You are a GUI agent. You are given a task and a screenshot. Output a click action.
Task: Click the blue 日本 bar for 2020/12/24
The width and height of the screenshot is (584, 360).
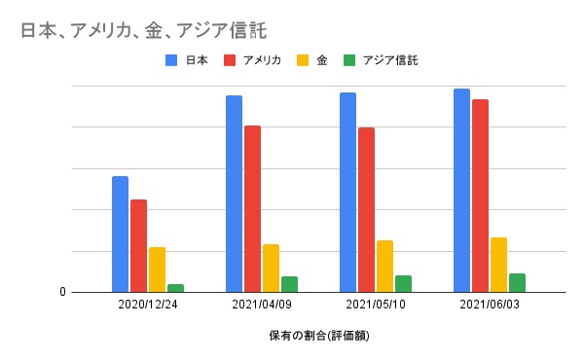point(120,234)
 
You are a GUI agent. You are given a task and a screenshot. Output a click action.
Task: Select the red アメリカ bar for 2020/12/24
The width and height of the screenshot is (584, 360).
point(138,245)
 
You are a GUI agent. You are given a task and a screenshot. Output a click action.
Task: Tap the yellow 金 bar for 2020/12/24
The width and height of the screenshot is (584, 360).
point(157,270)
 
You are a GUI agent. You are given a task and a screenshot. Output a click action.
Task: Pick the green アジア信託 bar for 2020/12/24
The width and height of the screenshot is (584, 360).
point(175,288)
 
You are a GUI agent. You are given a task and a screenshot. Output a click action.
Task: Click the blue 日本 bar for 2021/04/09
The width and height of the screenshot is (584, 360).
point(234,194)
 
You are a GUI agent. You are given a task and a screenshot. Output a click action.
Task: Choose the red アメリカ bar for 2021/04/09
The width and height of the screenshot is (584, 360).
point(252,208)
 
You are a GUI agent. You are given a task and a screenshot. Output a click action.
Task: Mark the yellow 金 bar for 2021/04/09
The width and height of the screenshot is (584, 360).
point(271,268)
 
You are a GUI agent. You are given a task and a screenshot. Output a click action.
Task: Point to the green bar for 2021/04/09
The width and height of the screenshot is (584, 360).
point(289,284)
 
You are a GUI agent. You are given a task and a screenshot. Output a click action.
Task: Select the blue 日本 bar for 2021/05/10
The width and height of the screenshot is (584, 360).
point(347,192)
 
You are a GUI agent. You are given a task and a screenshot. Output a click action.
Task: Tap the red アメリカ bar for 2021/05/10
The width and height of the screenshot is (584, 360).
point(366,209)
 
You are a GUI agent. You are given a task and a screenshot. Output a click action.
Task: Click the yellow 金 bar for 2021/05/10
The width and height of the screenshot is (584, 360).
point(384,266)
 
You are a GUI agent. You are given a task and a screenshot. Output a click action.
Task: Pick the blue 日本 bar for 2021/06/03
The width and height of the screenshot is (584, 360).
point(461,190)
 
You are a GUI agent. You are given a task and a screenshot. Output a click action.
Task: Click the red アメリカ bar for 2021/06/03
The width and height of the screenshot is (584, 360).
point(480,196)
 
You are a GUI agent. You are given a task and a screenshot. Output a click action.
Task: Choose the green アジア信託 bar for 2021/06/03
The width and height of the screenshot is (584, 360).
point(517,282)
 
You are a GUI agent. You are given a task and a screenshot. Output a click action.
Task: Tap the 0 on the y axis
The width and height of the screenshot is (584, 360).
point(61,292)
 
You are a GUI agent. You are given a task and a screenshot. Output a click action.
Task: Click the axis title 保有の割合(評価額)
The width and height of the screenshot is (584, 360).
point(319,337)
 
